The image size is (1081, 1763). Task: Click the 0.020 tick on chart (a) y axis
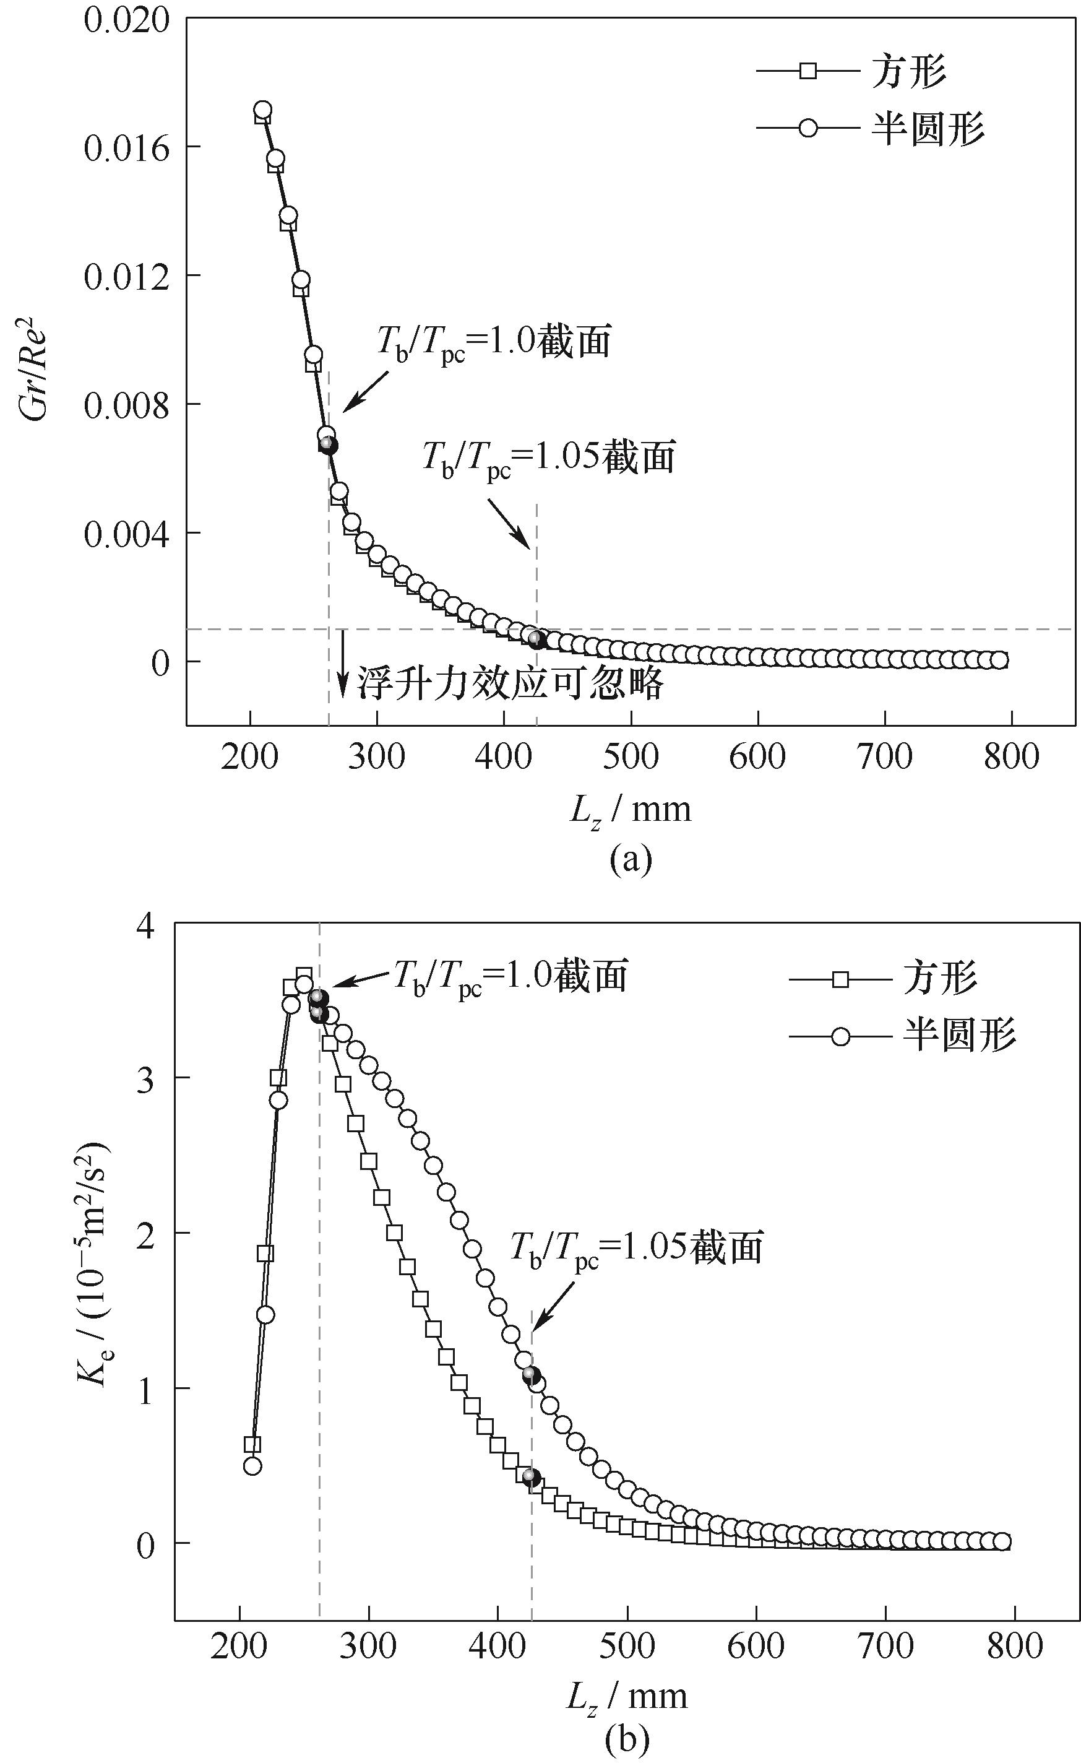click(x=127, y=19)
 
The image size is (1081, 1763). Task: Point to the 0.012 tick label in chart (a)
click(x=127, y=276)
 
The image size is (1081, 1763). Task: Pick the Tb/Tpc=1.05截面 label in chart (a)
click(x=549, y=457)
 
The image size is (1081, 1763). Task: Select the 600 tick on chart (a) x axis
click(x=757, y=756)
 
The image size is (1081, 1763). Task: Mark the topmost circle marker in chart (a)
click(x=262, y=110)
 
